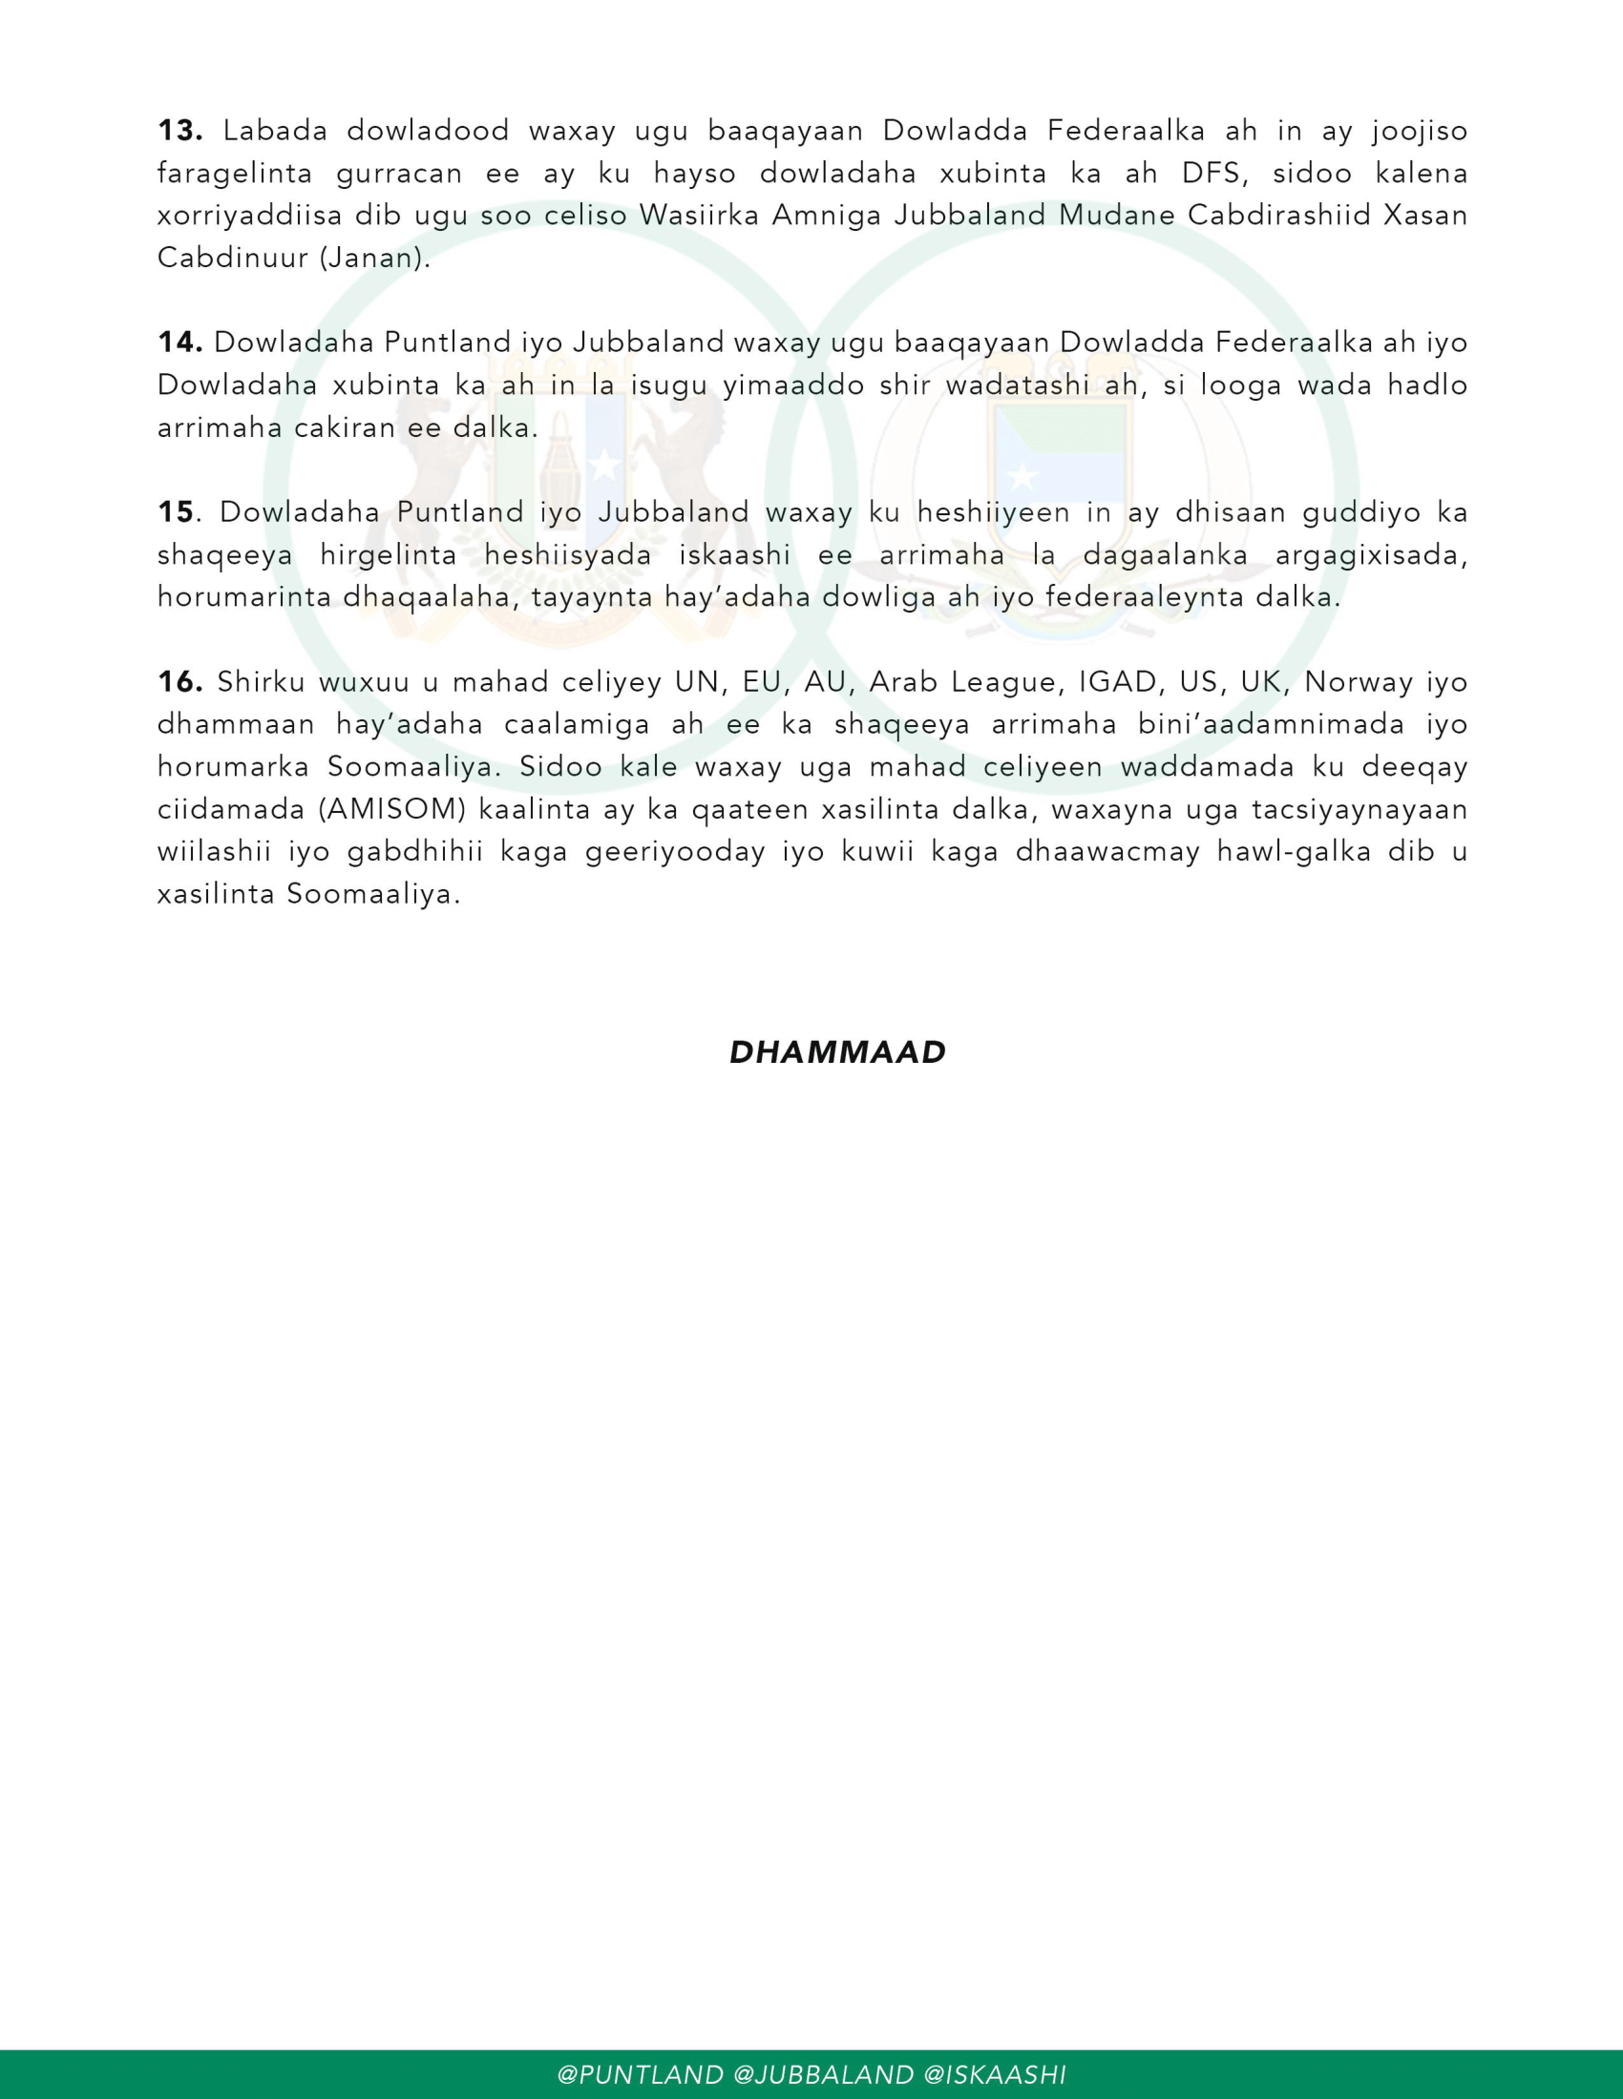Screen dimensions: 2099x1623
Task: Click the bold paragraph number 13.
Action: (179, 131)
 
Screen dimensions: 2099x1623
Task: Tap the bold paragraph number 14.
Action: (179, 343)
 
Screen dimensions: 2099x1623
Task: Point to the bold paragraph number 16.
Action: (179, 682)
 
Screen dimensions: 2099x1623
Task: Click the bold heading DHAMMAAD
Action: (837, 1052)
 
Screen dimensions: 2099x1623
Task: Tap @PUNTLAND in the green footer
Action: (641, 2074)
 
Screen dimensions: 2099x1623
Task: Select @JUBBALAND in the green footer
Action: (823, 2074)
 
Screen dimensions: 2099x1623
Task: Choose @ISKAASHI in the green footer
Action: (994, 2074)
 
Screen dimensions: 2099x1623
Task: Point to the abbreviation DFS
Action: (1214, 173)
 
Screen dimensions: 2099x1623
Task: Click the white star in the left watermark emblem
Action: (603, 467)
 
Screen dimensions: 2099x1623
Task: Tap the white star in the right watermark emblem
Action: (1022, 474)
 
